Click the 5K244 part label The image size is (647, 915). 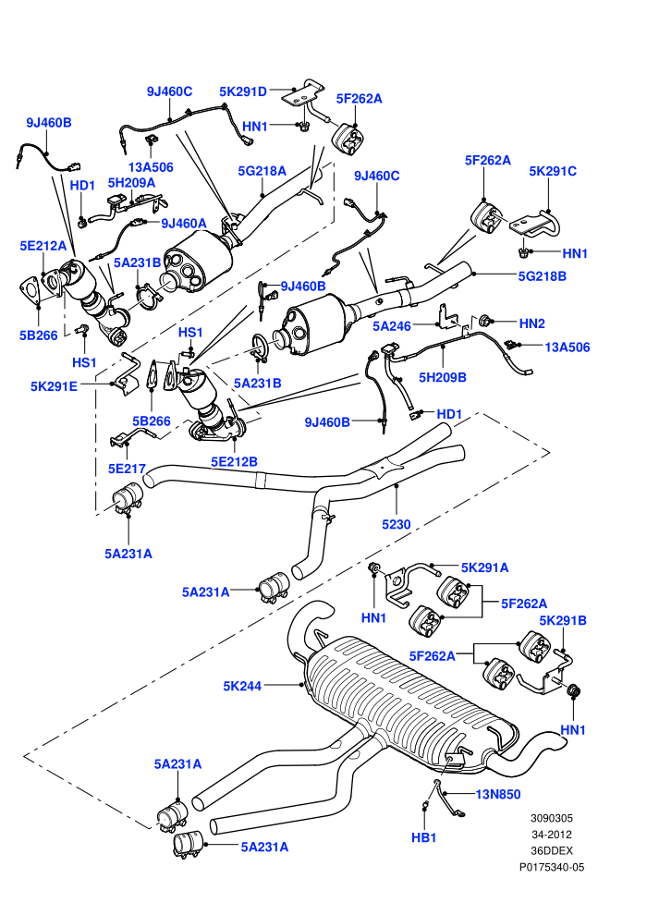[x=242, y=686]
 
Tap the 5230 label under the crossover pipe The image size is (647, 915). [x=397, y=525]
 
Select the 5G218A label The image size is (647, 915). [x=262, y=171]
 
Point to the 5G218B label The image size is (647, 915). [x=542, y=276]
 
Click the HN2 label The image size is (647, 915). [x=531, y=323]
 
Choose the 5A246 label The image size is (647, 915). [x=392, y=326]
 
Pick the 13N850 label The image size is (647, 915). [x=497, y=794]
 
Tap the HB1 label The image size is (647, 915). [x=423, y=838]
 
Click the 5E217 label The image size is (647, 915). [x=127, y=468]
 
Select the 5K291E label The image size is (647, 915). [x=54, y=386]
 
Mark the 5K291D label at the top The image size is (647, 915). [x=243, y=91]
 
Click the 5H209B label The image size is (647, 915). [x=442, y=378]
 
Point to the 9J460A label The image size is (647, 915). [x=184, y=223]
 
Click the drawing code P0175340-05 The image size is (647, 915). [x=552, y=867]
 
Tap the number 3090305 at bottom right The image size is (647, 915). [x=552, y=818]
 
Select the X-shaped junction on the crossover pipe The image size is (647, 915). [x=382, y=467]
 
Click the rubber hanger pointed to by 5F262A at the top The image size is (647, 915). [x=348, y=139]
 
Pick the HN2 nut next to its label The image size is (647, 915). [x=483, y=321]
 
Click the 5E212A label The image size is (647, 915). [x=43, y=246]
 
